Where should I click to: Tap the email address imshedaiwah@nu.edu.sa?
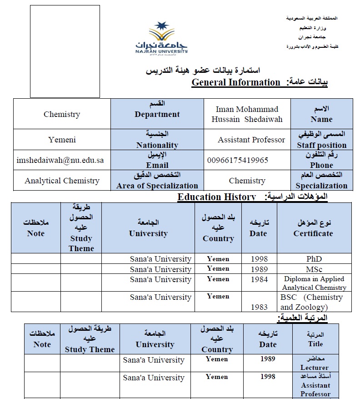[x=60, y=160]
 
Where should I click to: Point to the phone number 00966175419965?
[x=237, y=160]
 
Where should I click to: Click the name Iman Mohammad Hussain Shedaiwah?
[x=247, y=114]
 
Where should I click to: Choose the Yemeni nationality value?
[x=62, y=140]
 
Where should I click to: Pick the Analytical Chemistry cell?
[x=62, y=181]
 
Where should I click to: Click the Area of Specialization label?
[x=157, y=185]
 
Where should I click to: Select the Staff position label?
[x=321, y=145]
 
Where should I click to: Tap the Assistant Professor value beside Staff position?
[x=251, y=140]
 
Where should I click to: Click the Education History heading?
[x=216, y=197]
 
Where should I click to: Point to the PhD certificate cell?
[x=314, y=259]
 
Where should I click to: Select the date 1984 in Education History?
[x=259, y=279]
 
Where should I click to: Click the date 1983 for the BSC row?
[x=259, y=307]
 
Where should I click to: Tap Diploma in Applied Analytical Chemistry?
[x=314, y=283]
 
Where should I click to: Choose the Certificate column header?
[x=313, y=233]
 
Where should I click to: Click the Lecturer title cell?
[x=314, y=367]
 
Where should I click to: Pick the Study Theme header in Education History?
[x=81, y=243]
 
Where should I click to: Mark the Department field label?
[x=157, y=115]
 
